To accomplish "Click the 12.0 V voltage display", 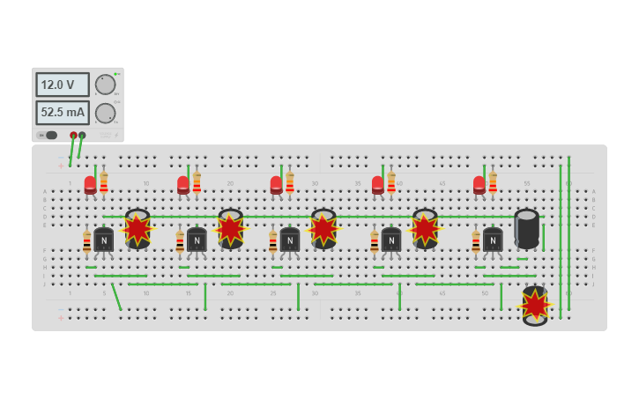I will [62, 85].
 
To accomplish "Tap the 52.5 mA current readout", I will [62, 113].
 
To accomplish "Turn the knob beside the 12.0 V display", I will [105, 85].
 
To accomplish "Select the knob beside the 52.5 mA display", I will [105, 113].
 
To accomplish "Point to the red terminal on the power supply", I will [73, 136].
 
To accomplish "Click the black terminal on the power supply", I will [82, 136].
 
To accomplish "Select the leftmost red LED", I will [90, 185].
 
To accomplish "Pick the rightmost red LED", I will [479, 185].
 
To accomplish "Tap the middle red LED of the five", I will [276, 185].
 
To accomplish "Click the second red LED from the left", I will [183, 185].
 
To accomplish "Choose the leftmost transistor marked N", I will [104, 240].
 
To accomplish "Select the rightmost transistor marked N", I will [493, 240].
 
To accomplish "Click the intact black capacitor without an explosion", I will [526, 228].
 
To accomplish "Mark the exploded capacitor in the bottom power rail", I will [535, 305].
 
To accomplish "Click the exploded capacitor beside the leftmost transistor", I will [137, 229].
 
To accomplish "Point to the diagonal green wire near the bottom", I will [116, 296].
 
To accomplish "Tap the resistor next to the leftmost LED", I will [104, 183].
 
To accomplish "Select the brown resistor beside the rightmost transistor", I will [476, 240].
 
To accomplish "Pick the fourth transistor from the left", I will [391, 240].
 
